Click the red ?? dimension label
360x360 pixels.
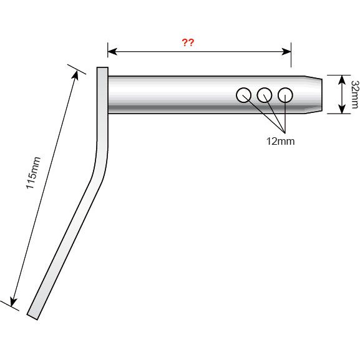pos(187,43)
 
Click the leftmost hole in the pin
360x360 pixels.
pos(243,95)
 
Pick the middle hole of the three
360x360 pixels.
pos(264,95)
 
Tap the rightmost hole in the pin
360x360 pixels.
pos(285,95)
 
